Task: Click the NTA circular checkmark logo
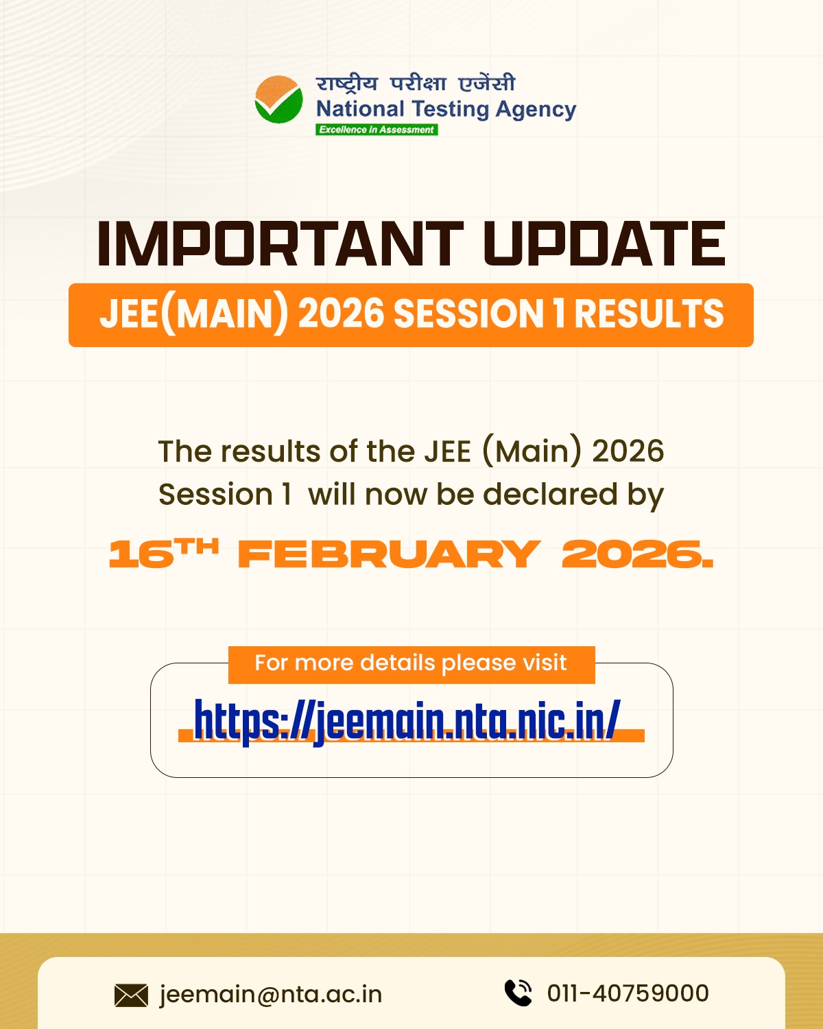point(278,100)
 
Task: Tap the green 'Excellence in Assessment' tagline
point(377,130)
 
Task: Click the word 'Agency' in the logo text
point(536,110)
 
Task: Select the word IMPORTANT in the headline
point(280,244)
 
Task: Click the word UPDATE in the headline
point(604,244)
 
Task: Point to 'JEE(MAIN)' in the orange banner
point(194,314)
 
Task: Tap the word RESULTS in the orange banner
point(649,314)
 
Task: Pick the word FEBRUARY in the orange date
point(389,554)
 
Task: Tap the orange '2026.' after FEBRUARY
point(637,554)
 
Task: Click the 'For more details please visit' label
point(411,663)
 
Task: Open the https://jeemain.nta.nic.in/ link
point(407,720)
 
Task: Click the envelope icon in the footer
point(131,995)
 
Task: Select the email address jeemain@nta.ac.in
point(271,994)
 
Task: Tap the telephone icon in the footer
point(518,993)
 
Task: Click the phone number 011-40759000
point(628,993)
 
